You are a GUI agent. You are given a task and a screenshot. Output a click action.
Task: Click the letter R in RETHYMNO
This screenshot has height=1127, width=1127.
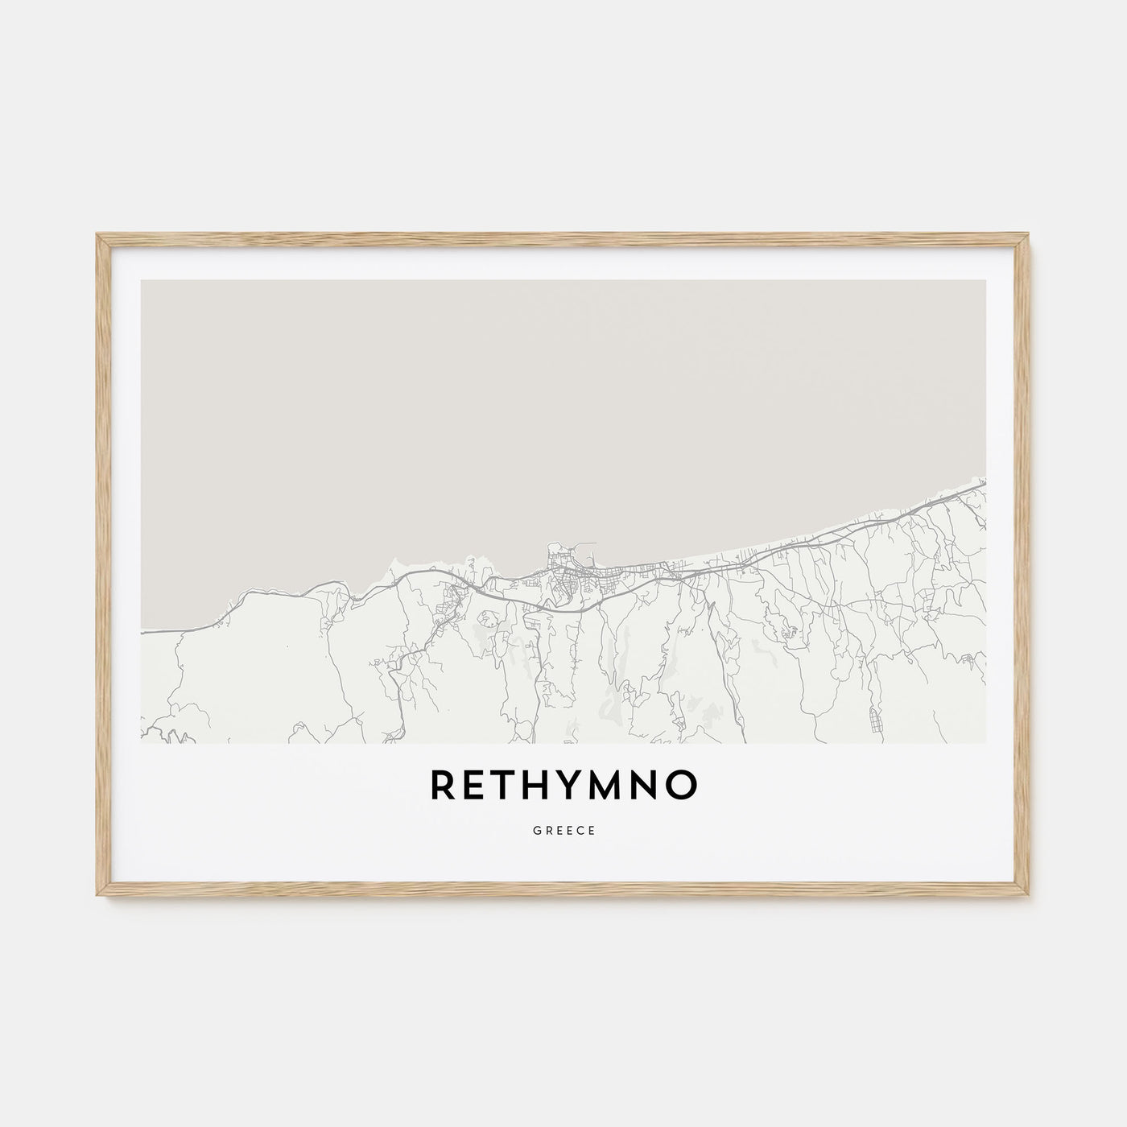444,786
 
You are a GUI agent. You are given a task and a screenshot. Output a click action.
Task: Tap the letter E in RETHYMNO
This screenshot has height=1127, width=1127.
477,786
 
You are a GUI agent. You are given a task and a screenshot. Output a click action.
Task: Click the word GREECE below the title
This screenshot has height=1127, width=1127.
563,830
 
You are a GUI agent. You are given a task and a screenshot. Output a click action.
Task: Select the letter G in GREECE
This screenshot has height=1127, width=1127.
536,830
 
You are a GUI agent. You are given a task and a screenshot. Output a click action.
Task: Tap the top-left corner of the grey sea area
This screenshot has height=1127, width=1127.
142,281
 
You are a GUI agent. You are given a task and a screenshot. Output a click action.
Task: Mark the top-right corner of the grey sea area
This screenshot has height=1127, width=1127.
985,281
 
